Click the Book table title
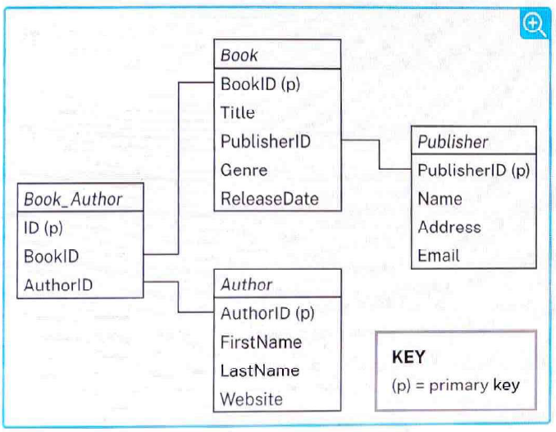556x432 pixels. (x=239, y=55)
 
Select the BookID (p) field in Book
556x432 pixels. (x=260, y=84)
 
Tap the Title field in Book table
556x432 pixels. (x=238, y=112)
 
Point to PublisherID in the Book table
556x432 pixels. (x=266, y=141)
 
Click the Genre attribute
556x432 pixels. (x=244, y=171)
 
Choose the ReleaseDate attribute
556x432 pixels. (x=270, y=199)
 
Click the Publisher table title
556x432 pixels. (x=453, y=142)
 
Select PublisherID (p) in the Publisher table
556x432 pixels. (x=474, y=171)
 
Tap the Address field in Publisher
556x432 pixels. (x=449, y=227)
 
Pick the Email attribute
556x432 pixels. (x=439, y=256)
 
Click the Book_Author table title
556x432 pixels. (x=73, y=199)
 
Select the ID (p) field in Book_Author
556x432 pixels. (x=43, y=228)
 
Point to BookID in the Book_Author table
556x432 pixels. (x=51, y=257)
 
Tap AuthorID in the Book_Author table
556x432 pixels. (x=58, y=285)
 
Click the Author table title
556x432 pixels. (x=247, y=284)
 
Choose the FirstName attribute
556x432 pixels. (x=261, y=343)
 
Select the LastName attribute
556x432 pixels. (x=260, y=371)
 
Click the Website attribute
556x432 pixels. (x=252, y=399)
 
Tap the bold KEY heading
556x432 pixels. (x=408, y=357)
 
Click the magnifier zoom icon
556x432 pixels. (x=535, y=25)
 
